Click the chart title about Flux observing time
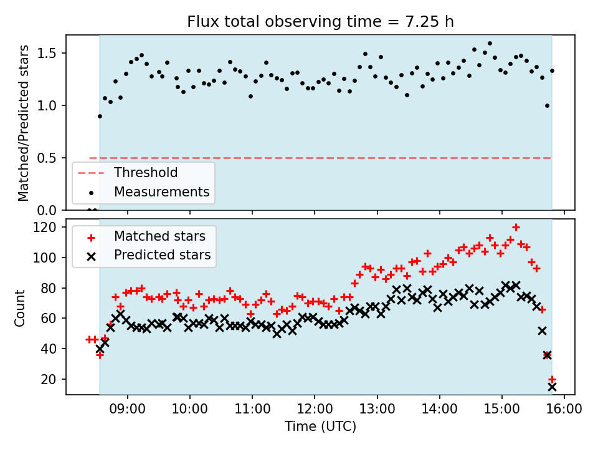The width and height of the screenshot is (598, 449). pos(320,22)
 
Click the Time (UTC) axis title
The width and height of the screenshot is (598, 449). pos(320,427)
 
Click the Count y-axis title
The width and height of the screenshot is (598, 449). pos(21,307)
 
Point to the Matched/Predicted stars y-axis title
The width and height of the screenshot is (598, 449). pos(24,123)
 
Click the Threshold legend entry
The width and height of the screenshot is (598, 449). pos(145,173)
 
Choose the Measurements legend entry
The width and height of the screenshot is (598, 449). pos(161,191)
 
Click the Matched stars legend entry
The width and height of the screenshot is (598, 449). pos(159,236)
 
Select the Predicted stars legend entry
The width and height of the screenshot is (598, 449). pos(162,255)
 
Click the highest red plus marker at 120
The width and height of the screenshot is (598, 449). pos(516,227)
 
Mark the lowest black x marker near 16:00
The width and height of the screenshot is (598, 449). pos(552,387)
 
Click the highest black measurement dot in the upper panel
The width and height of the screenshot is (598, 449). pos(490,44)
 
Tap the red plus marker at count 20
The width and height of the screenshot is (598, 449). pos(552,379)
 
